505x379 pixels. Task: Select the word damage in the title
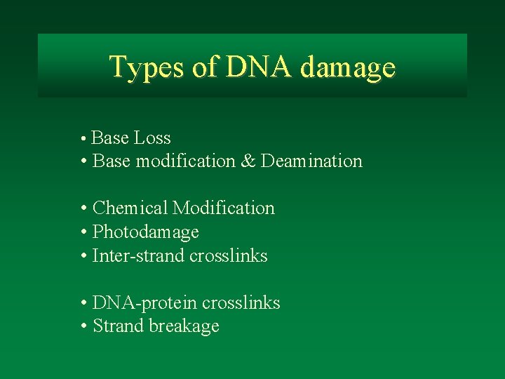(348, 68)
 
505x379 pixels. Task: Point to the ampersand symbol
(248, 161)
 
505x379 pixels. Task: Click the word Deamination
(311, 161)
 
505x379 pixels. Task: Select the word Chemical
(130, 208)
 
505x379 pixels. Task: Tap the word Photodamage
(146, 232)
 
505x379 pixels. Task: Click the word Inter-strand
(138, 255)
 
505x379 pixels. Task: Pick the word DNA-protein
(145, 302)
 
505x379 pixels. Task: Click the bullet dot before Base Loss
(83, 138)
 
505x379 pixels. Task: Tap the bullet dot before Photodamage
(83, 232)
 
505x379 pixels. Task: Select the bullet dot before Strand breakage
(83, 326)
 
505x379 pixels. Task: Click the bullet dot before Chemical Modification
(83, 208)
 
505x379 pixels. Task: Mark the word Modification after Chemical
(224, 208)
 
